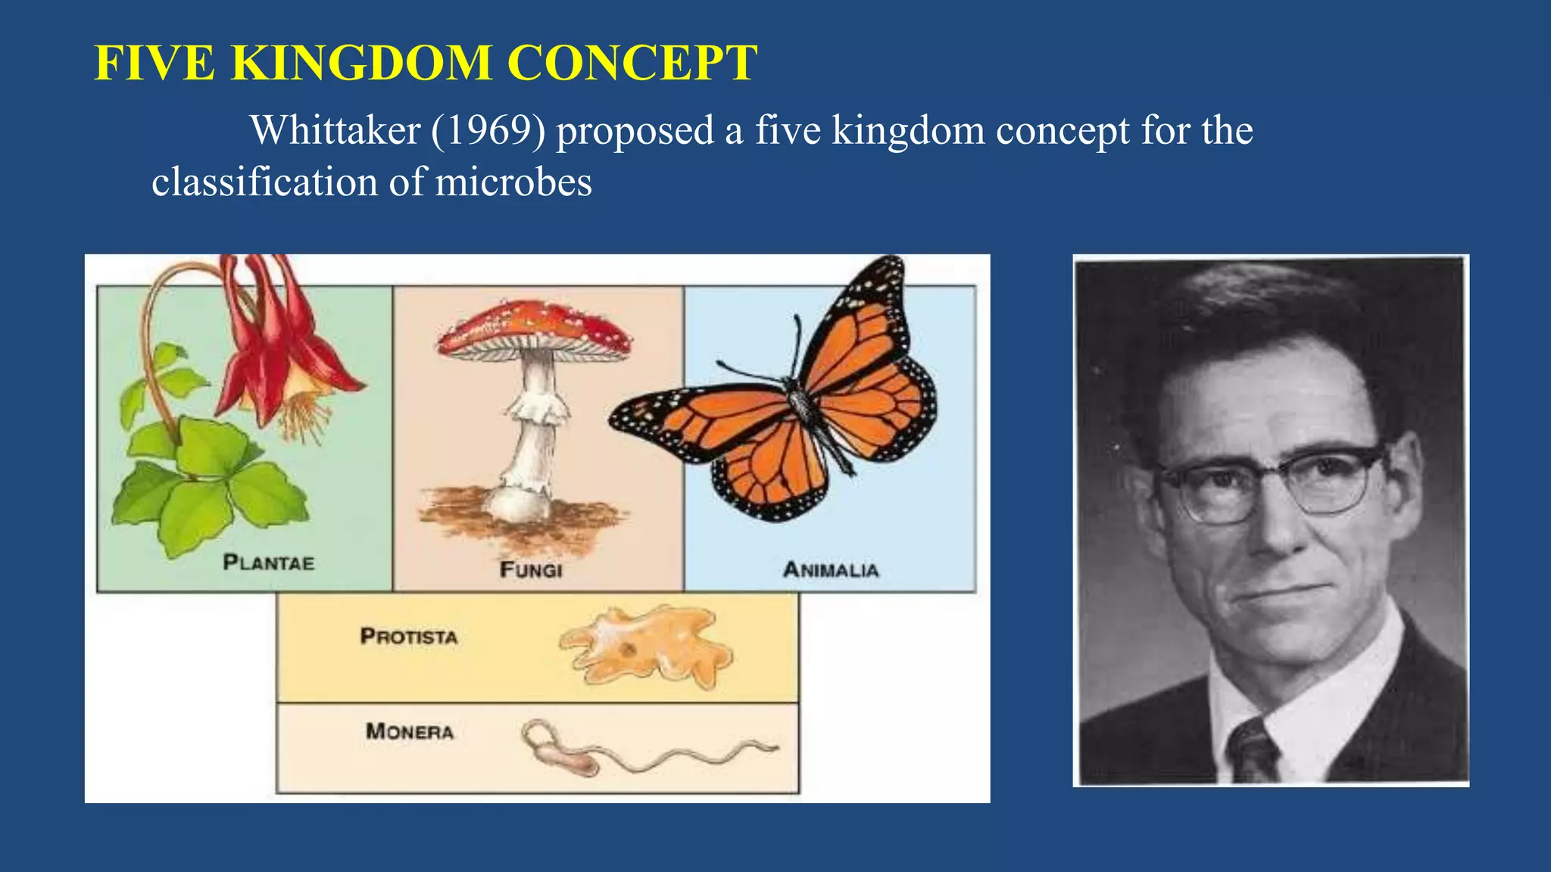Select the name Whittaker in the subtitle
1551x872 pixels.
335,130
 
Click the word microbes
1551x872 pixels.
513,182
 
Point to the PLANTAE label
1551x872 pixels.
268,562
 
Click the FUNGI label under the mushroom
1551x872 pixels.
531,569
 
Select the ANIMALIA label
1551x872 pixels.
831,569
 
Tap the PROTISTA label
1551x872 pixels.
409,636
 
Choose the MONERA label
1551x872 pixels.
410,731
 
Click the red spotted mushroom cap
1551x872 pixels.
535,325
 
